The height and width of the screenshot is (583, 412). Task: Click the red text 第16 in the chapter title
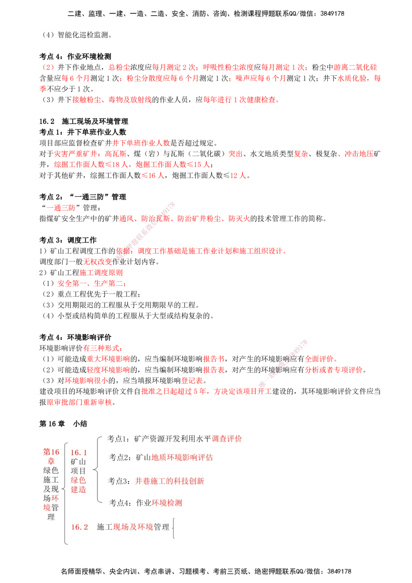(51, 452)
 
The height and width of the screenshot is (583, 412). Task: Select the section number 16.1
(79, 453)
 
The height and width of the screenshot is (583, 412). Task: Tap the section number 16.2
(80, 527)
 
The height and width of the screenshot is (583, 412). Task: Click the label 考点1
(118, 439)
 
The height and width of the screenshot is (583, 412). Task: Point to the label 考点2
(120, 457)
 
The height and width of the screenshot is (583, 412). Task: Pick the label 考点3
(119, 481)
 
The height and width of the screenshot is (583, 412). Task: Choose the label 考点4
(120, 503)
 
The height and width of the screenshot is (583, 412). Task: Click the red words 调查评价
(227, 439)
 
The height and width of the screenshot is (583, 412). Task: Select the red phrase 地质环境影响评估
(182, 457)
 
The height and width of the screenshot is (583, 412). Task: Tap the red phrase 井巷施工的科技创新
(169, 481)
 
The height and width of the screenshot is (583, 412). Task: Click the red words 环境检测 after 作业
(167, 503)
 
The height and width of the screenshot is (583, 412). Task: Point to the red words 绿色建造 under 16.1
(78, 485)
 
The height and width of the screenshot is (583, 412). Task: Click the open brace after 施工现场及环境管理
(174, 528)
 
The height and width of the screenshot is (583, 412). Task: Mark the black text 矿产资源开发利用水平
(173, 439)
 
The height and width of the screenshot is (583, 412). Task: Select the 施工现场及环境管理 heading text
(133, 527)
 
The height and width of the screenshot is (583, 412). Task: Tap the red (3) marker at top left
(49, 67)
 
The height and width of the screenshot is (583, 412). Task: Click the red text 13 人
(238, 176)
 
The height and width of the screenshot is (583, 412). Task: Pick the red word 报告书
(213, 359)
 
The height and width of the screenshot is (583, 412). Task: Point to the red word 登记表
(192, 380)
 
